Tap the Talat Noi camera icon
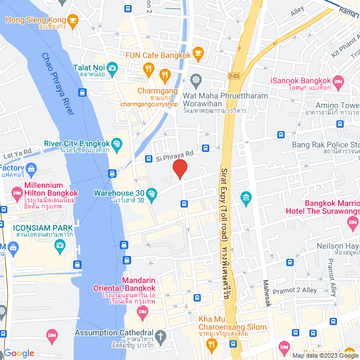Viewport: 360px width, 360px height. [112, 67]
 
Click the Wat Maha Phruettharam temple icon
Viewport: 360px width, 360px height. [195, 79]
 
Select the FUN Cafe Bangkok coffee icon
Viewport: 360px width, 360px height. [197, 53]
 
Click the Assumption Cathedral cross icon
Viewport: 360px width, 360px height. [161, 338]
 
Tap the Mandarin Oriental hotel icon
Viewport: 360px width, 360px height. [142, 311]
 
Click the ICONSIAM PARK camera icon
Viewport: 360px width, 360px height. [60, 245]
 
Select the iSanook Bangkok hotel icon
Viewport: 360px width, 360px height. [339, 83]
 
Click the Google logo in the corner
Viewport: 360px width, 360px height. [19, 353]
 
